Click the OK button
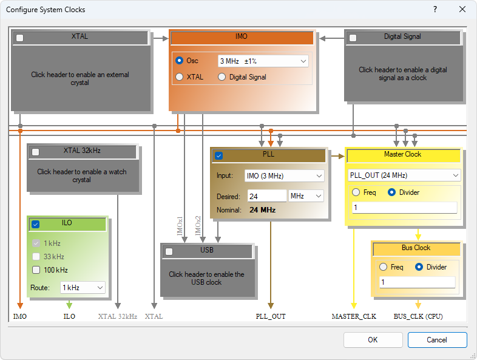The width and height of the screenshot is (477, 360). tap(373, 340)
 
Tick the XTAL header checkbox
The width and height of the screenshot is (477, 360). tap(20, 38)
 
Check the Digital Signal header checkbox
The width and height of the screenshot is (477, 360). tap(353, 38)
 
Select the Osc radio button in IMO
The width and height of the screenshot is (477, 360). tap(179, 61)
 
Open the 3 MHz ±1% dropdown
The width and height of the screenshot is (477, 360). tap(263, 61)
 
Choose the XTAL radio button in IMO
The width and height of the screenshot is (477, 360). tap(179, 77)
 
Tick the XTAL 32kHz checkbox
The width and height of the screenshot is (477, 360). tap(35, 152)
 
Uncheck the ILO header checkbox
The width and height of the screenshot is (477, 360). tap(35, 224)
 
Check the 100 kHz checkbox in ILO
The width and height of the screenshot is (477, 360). tap(36, 270)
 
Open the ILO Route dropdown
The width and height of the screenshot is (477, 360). tap(83, 287)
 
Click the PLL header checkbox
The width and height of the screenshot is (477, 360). tap(218, 155)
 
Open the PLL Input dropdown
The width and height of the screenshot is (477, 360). tap(284, 176)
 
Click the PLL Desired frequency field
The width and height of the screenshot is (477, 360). tap(266, 196)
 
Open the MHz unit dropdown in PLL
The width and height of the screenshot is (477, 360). tap(306, 196)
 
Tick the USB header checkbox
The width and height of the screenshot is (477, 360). tap(169, 251)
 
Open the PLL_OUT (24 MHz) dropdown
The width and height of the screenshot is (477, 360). tap(404, 175)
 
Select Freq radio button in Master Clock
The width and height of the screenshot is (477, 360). tap(356, 192)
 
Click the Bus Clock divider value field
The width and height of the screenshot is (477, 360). tap(417, 282)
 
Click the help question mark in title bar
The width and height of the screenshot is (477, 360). tap(435, 10)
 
